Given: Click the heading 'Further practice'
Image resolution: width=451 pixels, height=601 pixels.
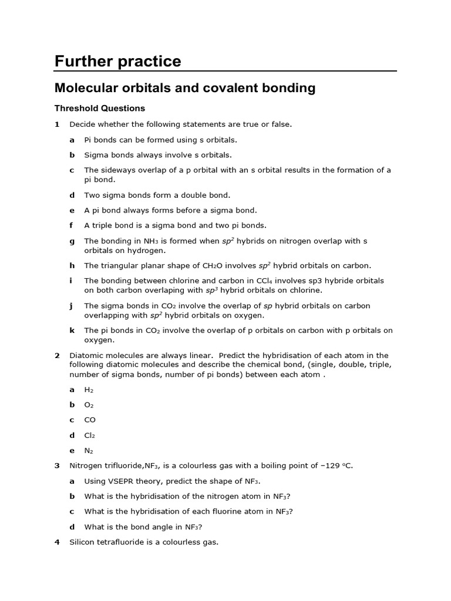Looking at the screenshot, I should pyautogui.click(x=117, y=62).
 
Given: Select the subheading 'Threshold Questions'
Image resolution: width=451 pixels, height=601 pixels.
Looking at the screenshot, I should pyautogui.click(x=99, y=109).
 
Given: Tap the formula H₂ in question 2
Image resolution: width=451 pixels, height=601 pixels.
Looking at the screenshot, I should pyautogui.click(x=89, y=390).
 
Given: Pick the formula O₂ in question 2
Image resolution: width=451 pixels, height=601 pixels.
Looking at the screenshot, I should pyautogui.click(x=89, y=405).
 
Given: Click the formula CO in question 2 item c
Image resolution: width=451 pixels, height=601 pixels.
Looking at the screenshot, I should pyautogui.click(x=90, y=420).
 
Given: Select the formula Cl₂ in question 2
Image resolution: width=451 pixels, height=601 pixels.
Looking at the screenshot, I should pyautogui.click(x=89, y=435).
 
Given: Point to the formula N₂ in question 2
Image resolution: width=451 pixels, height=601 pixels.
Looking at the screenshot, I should pyautogui.click(x=89, y=451).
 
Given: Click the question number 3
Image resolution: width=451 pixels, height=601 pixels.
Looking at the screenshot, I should pyautogui.click(x=57, y=466).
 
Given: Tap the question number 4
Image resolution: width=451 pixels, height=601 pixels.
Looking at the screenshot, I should pyautogui.click(x=57, y=542).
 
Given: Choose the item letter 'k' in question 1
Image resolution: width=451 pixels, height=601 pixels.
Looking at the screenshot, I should pyautogui.click(x=72, y=330).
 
